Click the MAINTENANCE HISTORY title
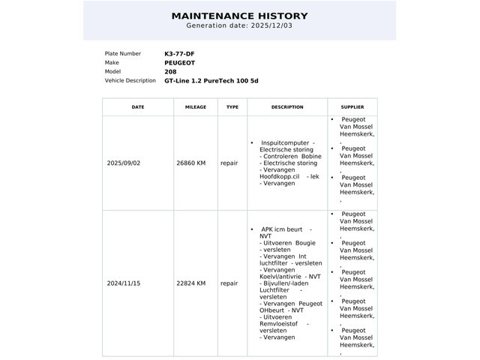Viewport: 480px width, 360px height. pyautogui.click(x=239, y=16)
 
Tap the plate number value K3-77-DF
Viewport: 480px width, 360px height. pyautogui.click(x=179, y=54)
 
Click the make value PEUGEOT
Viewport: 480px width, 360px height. pyautogui.click(x=181, y=63)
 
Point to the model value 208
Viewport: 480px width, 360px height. pyautogui.click(x=171, y=72)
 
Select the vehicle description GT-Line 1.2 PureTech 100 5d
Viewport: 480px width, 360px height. pyautogui.click(x=211, y=81)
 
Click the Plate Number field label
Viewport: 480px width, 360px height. pyautogui.click(x=122, y=54)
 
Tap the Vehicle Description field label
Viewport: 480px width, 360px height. pyautogui.click(x=130, y=81)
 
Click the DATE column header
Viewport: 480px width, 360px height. pyautogui.click(x=138, y=107)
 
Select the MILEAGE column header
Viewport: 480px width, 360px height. pyautogui.click(x=195, y=107)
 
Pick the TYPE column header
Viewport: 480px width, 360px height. pyautogui.click(x=232, y=107)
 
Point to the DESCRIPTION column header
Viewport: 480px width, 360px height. pyautogui.click(x=287, y=107)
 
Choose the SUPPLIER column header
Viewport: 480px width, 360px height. pyautogui.click(x=352, y=107)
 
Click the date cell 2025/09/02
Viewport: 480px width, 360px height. pyautogui.click(x=124, y=163)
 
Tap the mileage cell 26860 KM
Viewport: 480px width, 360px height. pyautogui.click(x=190, y=163)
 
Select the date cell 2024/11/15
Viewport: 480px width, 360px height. pyautogui.click(x=124, y=283)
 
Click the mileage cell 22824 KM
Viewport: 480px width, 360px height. pyautogui.click(x=190, y=283)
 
